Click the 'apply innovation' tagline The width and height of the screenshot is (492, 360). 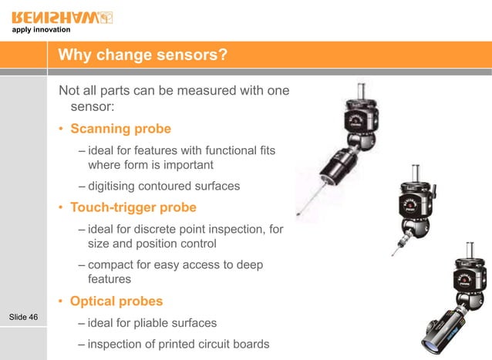coord(41,30)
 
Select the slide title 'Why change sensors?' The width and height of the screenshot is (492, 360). coord(143,56)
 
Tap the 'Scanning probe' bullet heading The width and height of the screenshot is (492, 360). coord(120,128)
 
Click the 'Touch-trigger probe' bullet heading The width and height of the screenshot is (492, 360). coord(133,207)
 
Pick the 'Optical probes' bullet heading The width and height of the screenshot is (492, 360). coord(117,301)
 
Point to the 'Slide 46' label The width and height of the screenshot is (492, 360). coord(23,317)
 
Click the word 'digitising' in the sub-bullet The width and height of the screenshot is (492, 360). coord(113,186)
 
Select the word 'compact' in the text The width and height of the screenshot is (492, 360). coord(113,265)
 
